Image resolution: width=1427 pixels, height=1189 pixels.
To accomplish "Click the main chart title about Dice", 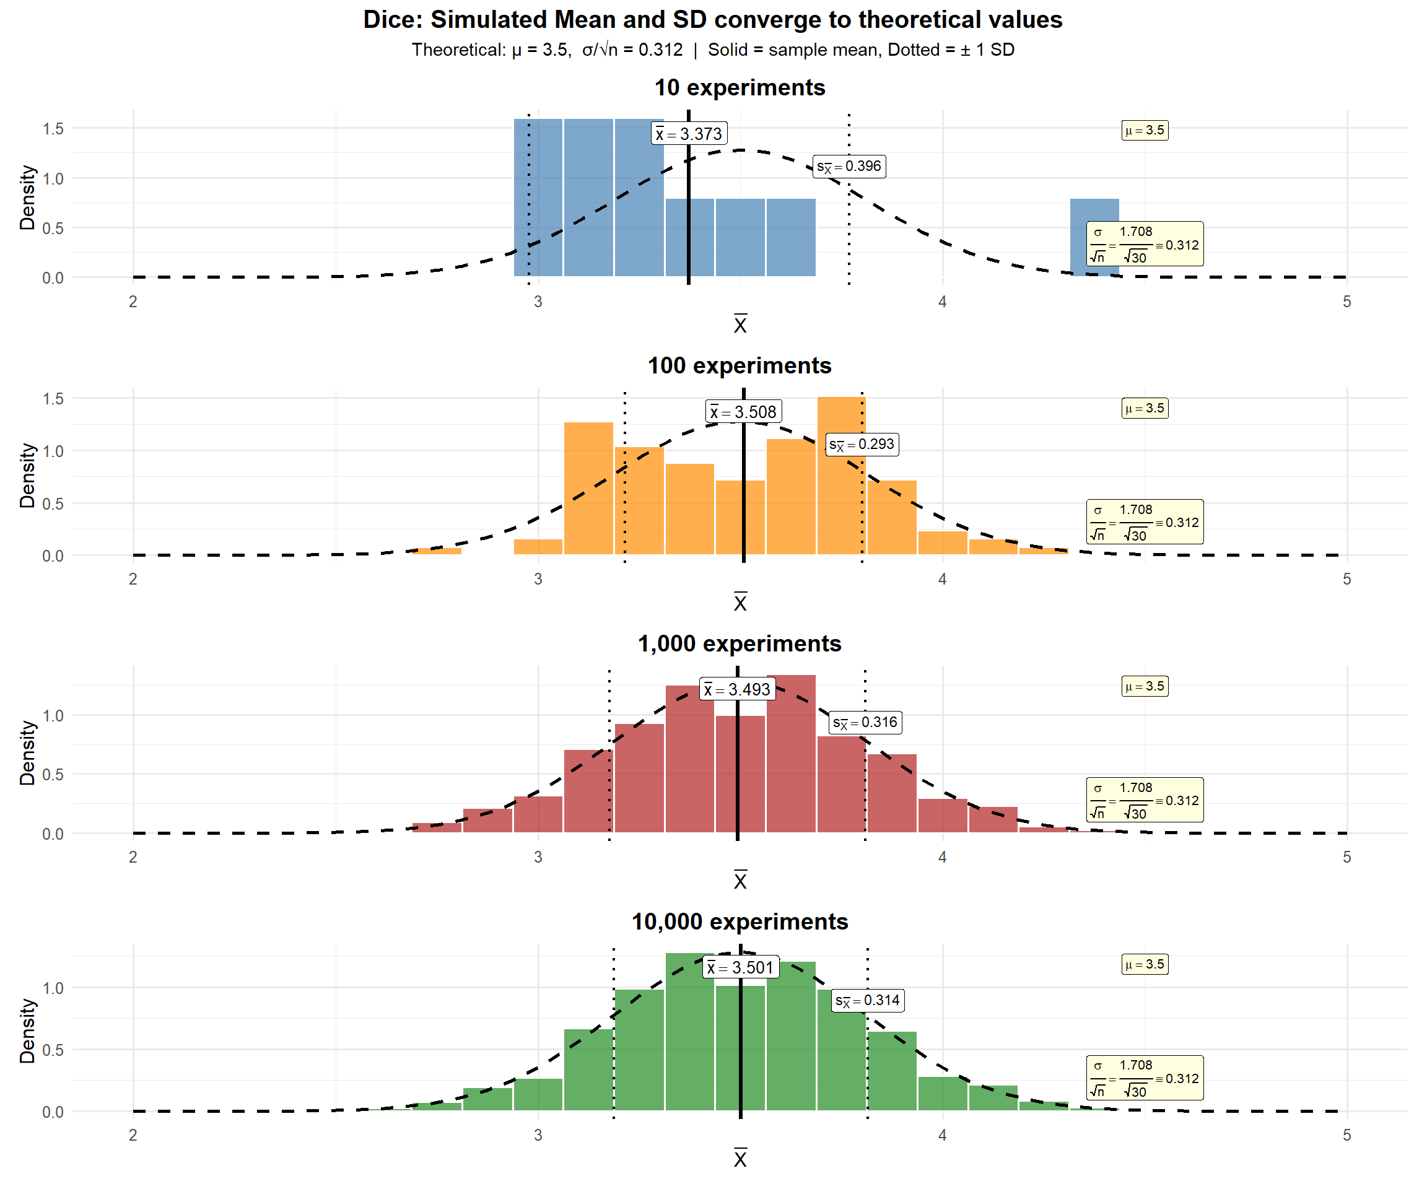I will (x=713, y=20).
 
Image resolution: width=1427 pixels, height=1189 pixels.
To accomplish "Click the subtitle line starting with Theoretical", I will (x=713, y=50).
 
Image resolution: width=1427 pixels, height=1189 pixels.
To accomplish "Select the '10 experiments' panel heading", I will (x=740, y=88).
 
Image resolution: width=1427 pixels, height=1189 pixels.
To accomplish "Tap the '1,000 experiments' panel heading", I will (x=740, y=643).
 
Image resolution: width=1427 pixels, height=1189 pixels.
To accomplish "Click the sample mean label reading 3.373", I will (x=689, y=134).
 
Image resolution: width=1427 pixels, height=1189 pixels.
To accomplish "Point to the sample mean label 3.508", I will (x=743, y=412).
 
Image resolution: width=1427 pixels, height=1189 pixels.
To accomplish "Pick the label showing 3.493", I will (x=737, y=690).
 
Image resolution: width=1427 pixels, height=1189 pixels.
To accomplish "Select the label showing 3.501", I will (x=741, y=967).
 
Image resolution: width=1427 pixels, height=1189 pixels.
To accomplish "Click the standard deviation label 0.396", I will (x=849, y=167).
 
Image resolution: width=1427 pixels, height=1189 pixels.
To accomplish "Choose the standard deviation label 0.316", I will (x=866, y=722).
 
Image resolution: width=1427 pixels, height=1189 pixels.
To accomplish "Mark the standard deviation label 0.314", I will (x=868, y=1000).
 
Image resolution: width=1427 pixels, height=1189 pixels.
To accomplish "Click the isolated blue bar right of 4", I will (x=1094, y=238).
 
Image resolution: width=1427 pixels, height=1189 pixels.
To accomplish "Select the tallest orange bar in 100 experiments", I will (x=841, y=476).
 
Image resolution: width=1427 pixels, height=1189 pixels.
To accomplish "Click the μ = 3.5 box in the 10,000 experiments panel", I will (x=1145, y=964).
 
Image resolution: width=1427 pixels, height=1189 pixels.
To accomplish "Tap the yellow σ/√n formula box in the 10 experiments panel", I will (x=1145, y=244).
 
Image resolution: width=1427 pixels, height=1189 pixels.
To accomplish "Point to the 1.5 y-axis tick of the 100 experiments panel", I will (x=53, y=399).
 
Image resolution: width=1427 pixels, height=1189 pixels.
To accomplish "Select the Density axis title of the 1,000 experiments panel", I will (x=27, y=753).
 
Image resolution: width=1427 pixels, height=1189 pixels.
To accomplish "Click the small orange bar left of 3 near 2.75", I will (x=437, y=551).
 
